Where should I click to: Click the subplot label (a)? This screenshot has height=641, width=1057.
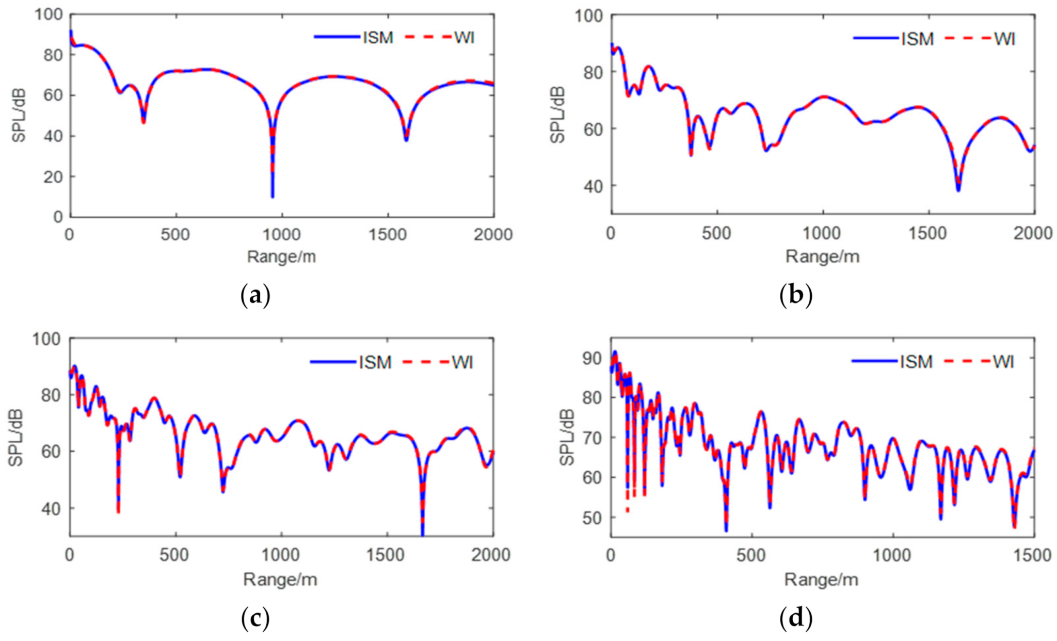click(x=255, y=296)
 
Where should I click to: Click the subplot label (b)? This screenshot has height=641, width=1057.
click(x=795, y=296)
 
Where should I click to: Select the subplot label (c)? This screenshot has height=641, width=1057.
click(x=255, y=618)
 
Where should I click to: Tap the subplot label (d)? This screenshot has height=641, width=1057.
click(x=795, y=618)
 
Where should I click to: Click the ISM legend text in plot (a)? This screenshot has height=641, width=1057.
click(x=378, y=38)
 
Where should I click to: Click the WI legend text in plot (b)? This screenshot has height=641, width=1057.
click(x=1004, y=39)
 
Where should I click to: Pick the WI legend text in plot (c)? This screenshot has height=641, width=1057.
click(x=462, y=362)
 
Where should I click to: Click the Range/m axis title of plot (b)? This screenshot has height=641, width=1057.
click(x=822, y=257)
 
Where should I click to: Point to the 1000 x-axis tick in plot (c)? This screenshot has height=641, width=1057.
click(x=282, y=555)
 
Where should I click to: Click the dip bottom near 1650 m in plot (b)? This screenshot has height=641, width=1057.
click(x=958, y=190)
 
